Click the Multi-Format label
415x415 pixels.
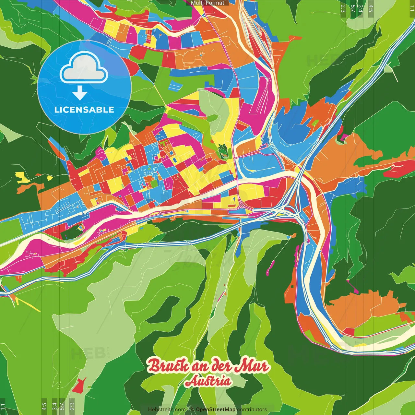pos(207,3)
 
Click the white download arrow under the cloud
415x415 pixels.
pos(80,93)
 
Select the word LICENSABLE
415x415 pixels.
pos(84,110)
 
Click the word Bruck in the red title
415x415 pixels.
pos(168,366)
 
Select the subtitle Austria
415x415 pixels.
pos(208,381)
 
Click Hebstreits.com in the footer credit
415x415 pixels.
pos(167,409)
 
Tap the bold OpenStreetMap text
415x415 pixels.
pos(216,409)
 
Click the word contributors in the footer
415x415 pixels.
pos(252,409)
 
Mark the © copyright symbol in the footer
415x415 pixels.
pos(192,409)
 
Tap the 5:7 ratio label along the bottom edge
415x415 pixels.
pos(62,406)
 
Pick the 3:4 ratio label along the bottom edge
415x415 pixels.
pos(54,406)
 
